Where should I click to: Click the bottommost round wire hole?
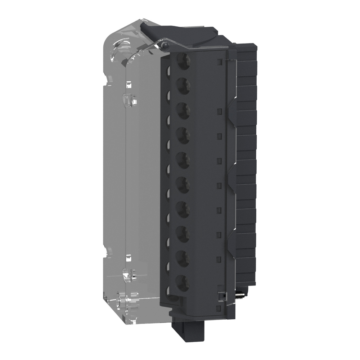(x=183, y=282)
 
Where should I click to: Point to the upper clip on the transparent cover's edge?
(x=130, y=98)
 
